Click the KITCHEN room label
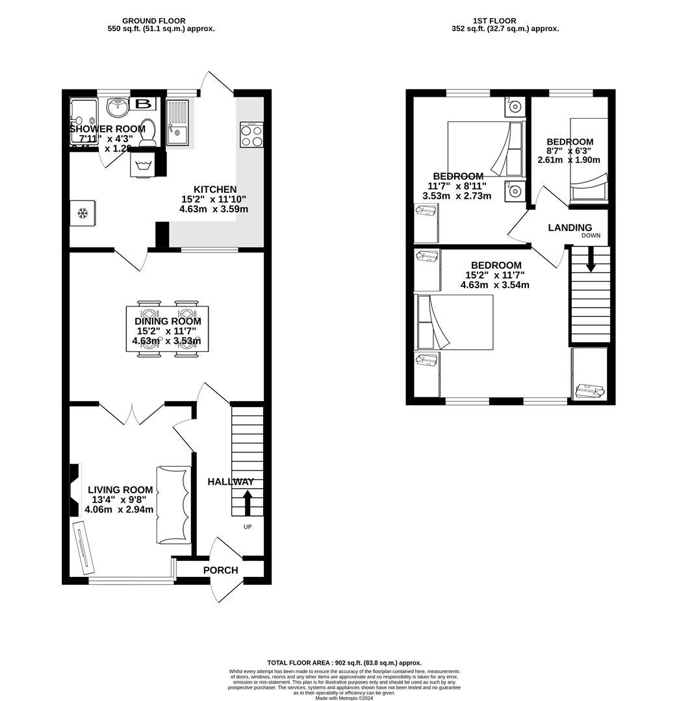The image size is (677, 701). point(213,189)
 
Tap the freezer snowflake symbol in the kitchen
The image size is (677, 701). point(83,213)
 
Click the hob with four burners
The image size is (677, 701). point(251,134)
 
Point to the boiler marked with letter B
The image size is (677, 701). point(144,104)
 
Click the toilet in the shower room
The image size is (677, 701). point(147,130)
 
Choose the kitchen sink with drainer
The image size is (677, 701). point(177,124)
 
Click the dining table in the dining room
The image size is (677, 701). point(168,328)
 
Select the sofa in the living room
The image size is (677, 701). point(173,505)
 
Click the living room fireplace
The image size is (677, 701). point(74,490)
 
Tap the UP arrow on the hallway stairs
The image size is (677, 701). point(248,503)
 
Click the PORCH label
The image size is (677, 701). point(221,570)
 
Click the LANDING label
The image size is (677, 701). point(570,227)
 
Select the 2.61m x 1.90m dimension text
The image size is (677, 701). point(569,160)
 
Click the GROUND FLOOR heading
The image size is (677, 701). point(154,21)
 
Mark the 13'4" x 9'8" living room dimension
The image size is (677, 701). point(120,500)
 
